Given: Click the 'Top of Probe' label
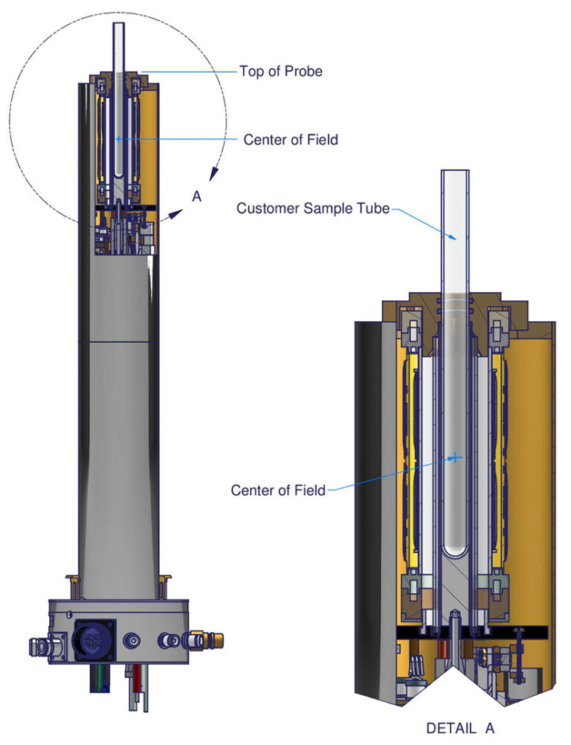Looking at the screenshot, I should (x=280, y=71).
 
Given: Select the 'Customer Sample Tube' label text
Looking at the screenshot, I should (x=312, y=208).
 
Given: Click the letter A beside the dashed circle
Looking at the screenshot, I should (x=197, y=196).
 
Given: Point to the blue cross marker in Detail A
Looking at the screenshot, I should (x=454, y=458).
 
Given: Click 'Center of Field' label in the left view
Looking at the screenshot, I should (x=291, y=139).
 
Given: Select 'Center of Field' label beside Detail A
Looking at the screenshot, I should (x=278, y=490).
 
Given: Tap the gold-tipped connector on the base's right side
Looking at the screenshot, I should (x=199, y=638).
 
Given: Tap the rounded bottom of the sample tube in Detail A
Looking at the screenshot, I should (x=454, y=553).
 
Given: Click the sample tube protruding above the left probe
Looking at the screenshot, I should (x=119, y=45).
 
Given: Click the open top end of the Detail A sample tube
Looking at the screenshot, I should (x=454, y=174).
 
